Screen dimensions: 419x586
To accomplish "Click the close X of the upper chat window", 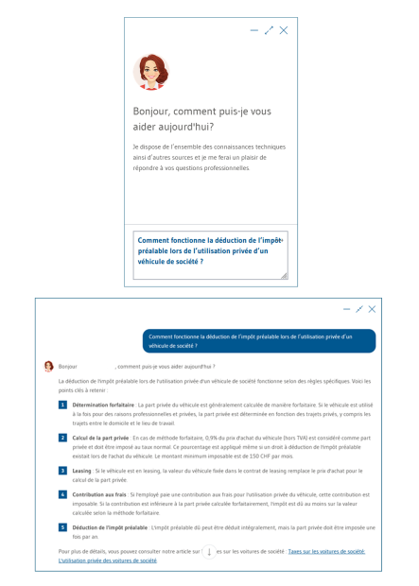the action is click(x=284, y=30).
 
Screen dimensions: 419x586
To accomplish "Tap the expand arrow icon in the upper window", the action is click(x=269, y=30).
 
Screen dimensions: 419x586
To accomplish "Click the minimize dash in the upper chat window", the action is click(x=253, y=30).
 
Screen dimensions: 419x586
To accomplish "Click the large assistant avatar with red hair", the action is click(x=151, y=72).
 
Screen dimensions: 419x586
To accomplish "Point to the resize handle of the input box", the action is click(x=283, y=276).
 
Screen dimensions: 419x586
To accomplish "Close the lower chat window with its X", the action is click(x=372, y=309).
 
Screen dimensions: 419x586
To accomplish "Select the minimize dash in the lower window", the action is click(x=346, y=309).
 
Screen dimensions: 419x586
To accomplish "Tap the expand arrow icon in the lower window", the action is click(x=359, y=309).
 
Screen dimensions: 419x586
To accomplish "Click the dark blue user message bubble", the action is click(x=259, y=340).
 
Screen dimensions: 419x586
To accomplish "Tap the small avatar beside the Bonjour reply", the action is click(x=49, y=366).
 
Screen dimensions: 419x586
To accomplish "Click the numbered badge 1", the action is click(x=63, y=405).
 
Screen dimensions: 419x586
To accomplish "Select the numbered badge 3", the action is click(x=63, y=470).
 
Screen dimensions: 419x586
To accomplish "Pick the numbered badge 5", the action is click(x=63, y=526).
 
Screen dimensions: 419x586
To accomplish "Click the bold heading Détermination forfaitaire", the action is click(x=103, y=405).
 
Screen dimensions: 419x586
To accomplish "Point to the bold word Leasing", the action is click(x=82, y=470).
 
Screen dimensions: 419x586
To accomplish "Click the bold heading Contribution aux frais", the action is click(x=100, y=494).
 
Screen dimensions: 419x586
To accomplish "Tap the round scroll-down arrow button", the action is click(x=209, y=551).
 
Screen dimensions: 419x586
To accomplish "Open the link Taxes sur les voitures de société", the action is click(x=326, y=551).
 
